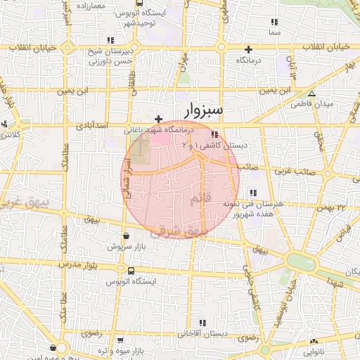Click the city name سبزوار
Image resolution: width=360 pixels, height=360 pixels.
pyautogui.click(x=204, y=110)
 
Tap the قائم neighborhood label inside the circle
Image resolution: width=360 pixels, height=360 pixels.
pyautogui.click(x=200, y=202)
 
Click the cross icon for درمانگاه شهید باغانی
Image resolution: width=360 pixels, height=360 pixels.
pyautogui.click(x=159, y=119)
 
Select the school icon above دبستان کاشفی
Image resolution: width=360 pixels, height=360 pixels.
pyautogui.click(x=214, y=134)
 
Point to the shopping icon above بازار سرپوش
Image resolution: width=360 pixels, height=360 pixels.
pyautogui.click(x=125, y=236)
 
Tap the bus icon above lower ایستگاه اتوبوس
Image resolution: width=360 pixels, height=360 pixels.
pyautogui.click(x=131, y=270)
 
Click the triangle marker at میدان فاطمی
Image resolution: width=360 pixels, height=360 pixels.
pyautogui.click(x=311, y=94)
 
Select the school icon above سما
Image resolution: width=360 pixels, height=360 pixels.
pyautogui.click(x=274, y=22)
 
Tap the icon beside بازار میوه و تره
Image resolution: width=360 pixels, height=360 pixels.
pyautogui.click(x=120, y=340)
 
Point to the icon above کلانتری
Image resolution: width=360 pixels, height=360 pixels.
pyautogui.click(x=4, y=124)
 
